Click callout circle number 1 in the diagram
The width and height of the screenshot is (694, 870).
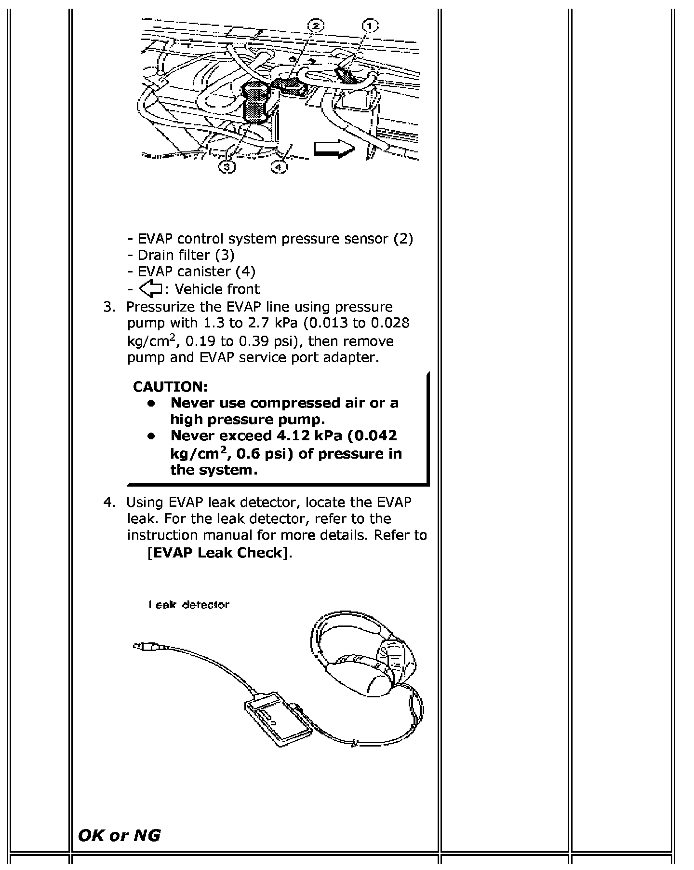point(370,25)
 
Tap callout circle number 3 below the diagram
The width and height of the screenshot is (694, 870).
point(227,167)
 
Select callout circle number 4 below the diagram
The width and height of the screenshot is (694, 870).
point(279,167)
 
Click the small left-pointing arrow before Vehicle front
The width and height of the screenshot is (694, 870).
point(150,289)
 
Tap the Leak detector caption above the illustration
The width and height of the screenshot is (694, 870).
point(189,605)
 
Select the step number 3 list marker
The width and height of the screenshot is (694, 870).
point(109,307)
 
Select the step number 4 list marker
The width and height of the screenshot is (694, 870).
point(109,503)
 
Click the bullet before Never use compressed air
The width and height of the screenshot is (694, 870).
point(151,403)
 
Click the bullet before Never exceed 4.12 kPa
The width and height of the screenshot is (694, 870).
point(151,436)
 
